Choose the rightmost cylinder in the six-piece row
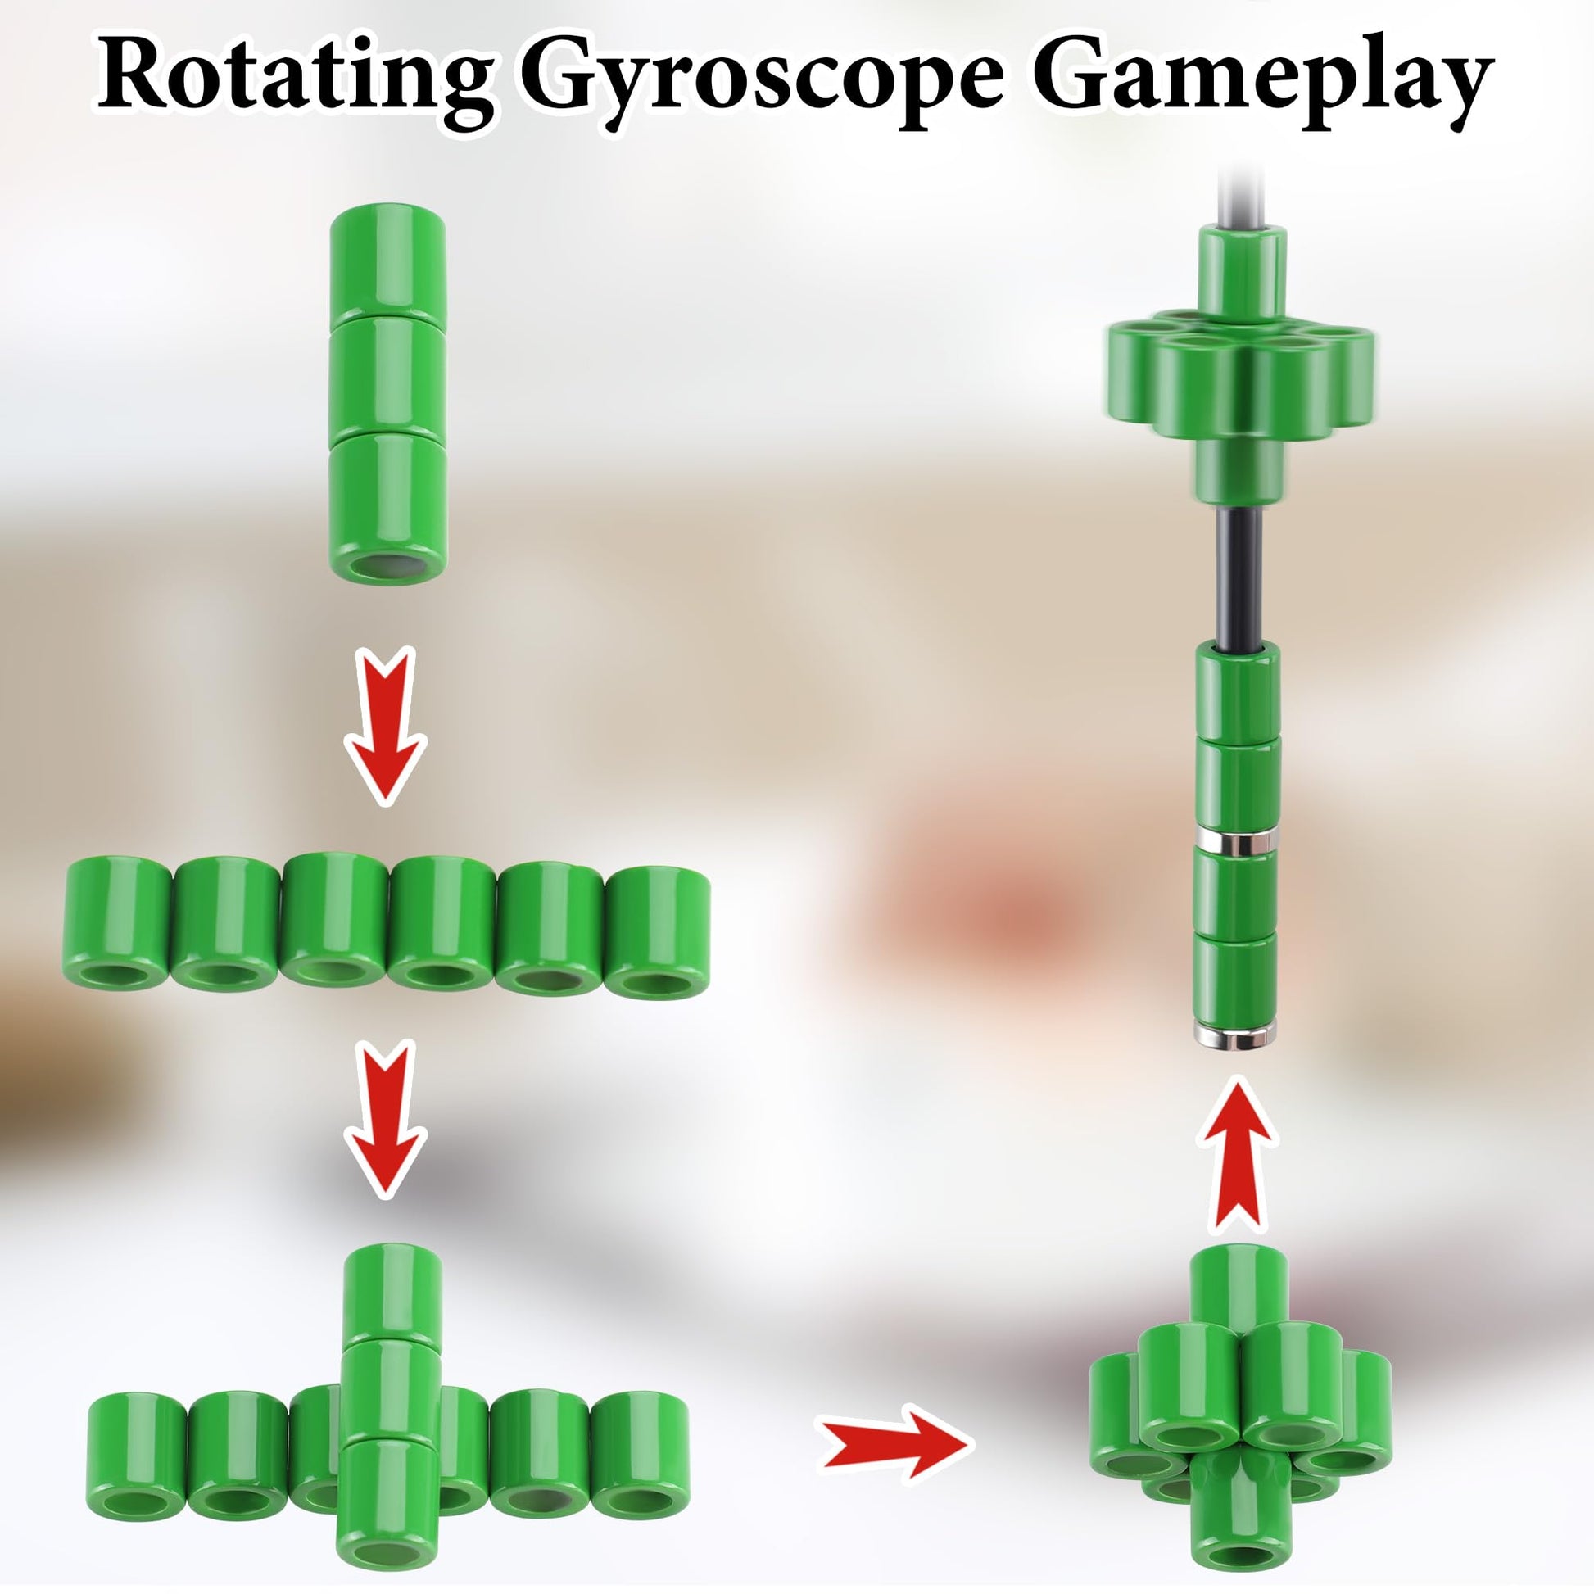click(659, 932)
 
